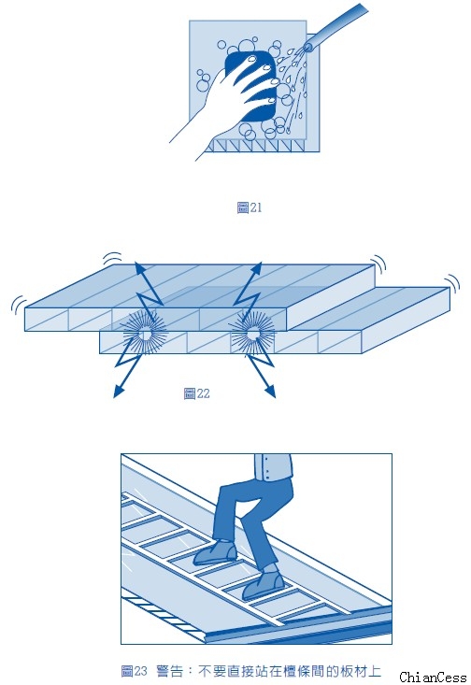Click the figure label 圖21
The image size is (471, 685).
249,207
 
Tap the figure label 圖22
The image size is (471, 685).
196,393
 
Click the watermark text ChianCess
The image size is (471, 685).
433,678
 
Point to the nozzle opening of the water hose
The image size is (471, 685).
308,47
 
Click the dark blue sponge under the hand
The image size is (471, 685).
250,86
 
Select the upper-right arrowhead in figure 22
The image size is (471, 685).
256,268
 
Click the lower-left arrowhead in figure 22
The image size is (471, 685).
118,392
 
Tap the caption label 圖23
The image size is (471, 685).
135,671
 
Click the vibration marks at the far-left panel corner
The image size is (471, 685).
18,304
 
